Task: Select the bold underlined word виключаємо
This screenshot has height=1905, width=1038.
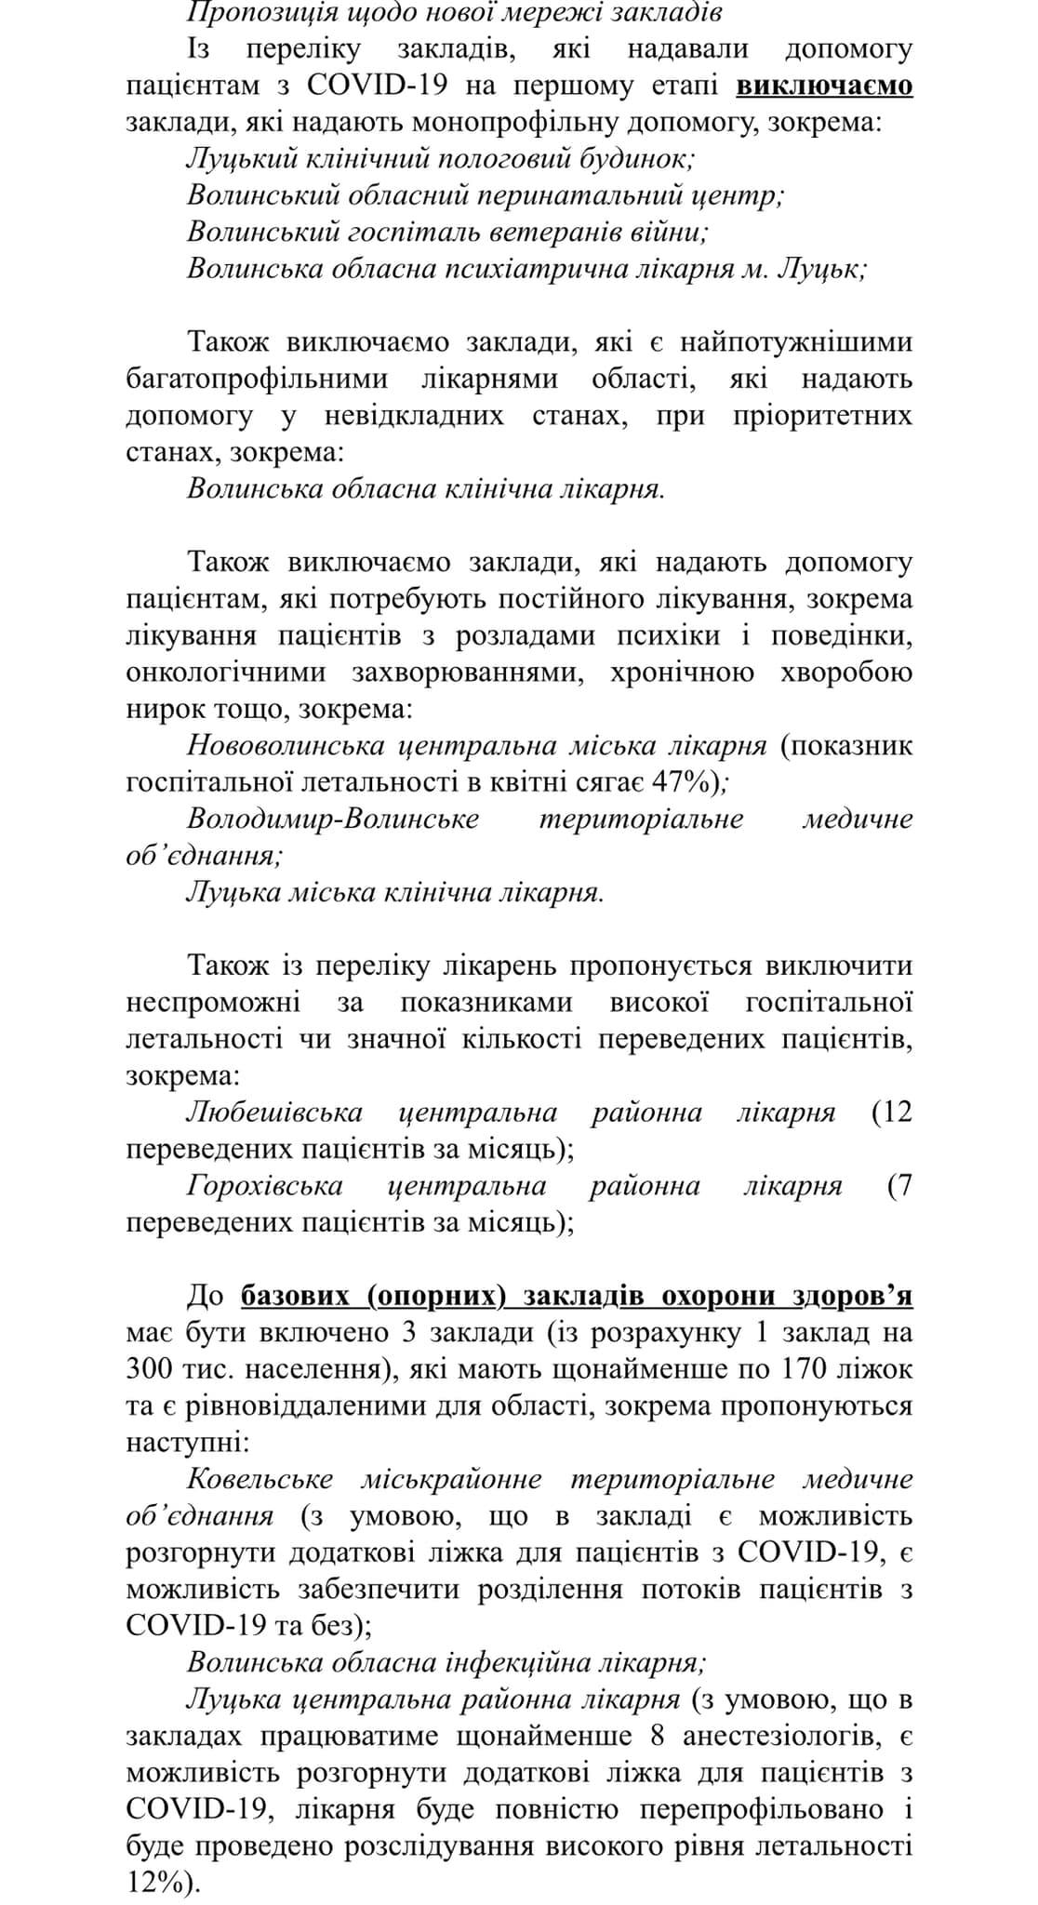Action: (x=824, y=86)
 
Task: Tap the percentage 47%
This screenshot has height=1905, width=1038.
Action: (x=686, y=783)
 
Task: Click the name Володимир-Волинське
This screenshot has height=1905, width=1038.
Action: (x=333, y=819)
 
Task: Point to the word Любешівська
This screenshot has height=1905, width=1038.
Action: (x=274, y=1112)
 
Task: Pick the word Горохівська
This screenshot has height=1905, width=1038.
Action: (x=265, y=1186)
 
